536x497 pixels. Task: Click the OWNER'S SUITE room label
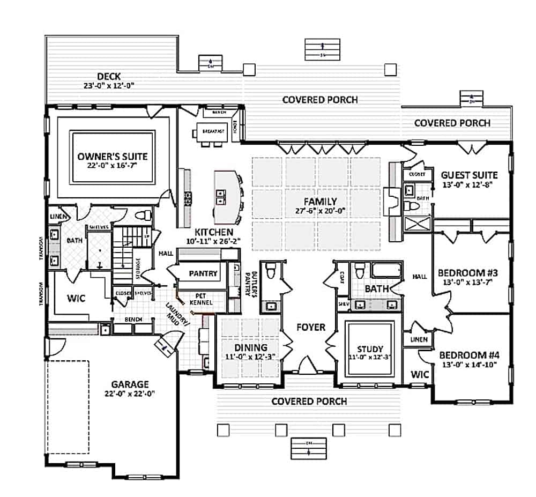[x=112, y=157]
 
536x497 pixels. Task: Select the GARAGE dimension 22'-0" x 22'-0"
[x=129, y=394]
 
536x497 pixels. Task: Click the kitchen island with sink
[x=226, y=197]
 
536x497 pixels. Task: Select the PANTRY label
[x=203, y=273]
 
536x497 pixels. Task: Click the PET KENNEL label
[x=202, y=299]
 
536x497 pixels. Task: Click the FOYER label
[x=310, y=327]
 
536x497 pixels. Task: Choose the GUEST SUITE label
[x=469, y=175]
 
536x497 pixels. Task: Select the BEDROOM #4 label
[x=469, y=355]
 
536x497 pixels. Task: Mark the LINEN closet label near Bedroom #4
[x=420, y=339]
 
